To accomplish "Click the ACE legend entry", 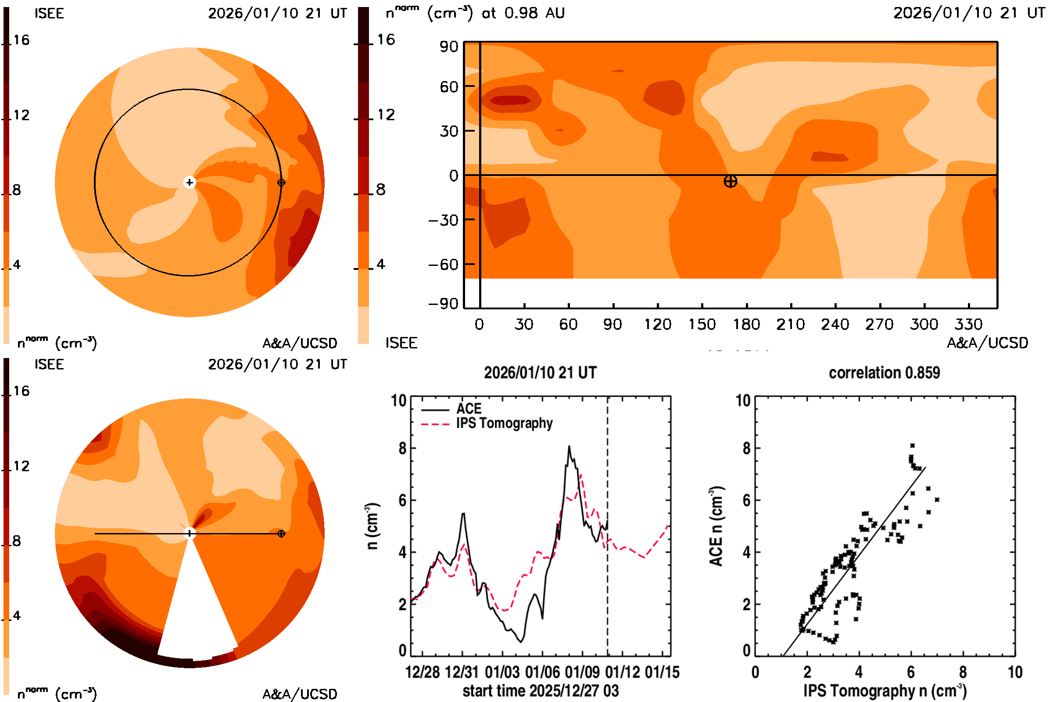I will (469, 409).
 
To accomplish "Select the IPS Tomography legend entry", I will (504, 423).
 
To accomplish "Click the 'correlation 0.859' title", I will (884, 373).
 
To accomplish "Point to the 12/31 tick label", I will (462, 673).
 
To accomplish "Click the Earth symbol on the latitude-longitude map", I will (730, 181).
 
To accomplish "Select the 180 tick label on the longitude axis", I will (746, 324).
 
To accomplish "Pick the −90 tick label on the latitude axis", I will (443, 304).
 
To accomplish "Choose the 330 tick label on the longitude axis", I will (968, 324).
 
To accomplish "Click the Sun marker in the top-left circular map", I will (190, 183).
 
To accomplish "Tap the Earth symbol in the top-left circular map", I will (281, 183).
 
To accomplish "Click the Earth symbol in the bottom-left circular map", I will (281, 534).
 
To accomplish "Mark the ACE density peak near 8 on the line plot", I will (569, 447).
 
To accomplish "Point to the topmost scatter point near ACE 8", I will (913, 445).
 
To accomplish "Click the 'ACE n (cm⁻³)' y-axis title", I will (716, 526).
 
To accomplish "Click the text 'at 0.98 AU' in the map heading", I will (523, 14).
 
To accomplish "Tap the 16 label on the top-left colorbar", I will (21, 40).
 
